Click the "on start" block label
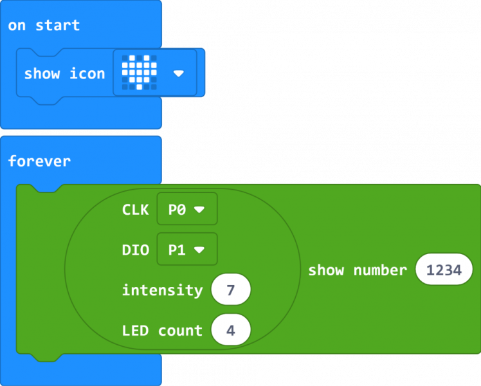[44, 26]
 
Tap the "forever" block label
[39, 161]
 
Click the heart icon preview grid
[140, 72]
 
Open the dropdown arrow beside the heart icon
[179, 73]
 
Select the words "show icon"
[64, 73]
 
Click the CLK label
[135, 210]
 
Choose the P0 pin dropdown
[186, 210]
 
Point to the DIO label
[135, 250]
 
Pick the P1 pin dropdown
[186, 250]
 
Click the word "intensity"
[162, 290]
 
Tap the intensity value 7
[230, 291]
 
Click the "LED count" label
[162, 331]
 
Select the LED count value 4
[230, 331]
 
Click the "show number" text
[357, 270]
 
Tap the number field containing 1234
[444, 270]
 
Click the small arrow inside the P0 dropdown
[199, 210]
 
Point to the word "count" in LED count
[180, 331]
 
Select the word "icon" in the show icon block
[87, 73]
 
